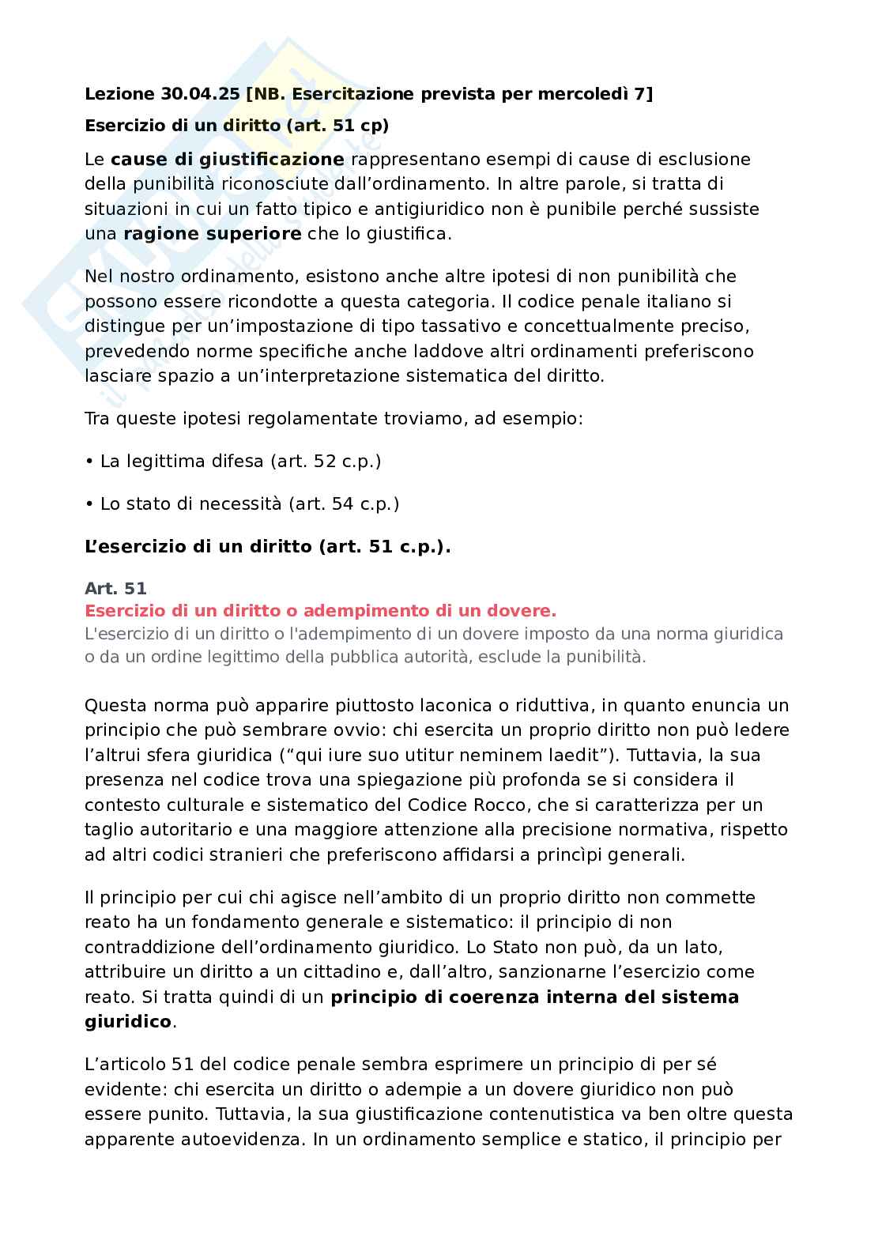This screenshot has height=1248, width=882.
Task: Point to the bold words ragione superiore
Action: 213,234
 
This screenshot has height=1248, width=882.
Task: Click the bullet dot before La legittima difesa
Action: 89,461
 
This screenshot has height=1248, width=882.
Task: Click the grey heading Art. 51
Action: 115,589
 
